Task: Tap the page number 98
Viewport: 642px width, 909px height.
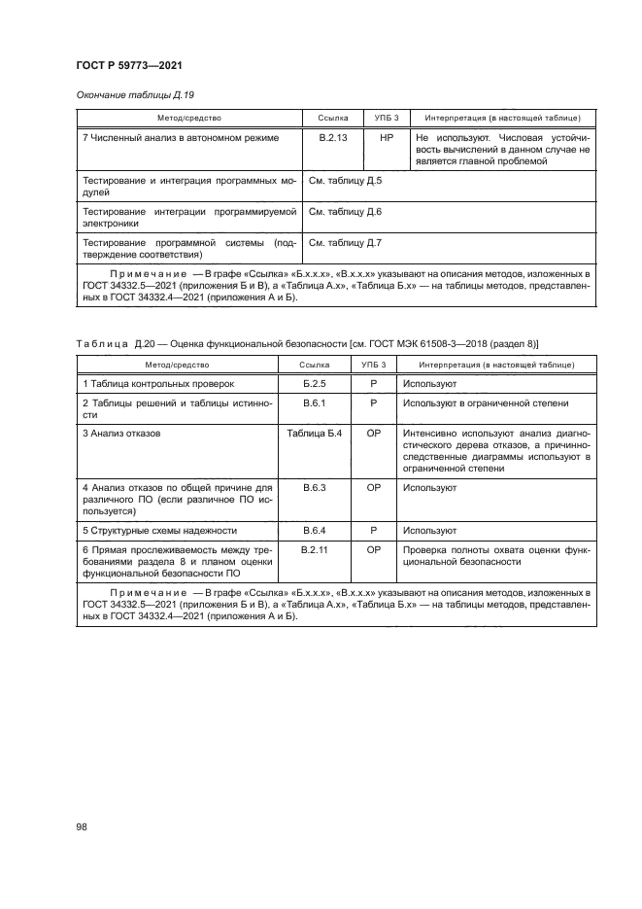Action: (x=82, y=826)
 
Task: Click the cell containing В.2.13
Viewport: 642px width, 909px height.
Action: (x=333, y=138)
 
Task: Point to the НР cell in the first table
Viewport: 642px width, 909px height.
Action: (x=387, y=138)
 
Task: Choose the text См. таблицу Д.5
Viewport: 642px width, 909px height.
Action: (x=345, y=182)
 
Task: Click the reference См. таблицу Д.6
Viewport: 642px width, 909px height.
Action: (x=345, y=211)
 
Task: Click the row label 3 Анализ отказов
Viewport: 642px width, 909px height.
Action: (x=120, y=432)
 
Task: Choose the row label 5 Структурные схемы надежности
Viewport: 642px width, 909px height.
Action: (x=159, y=530)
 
